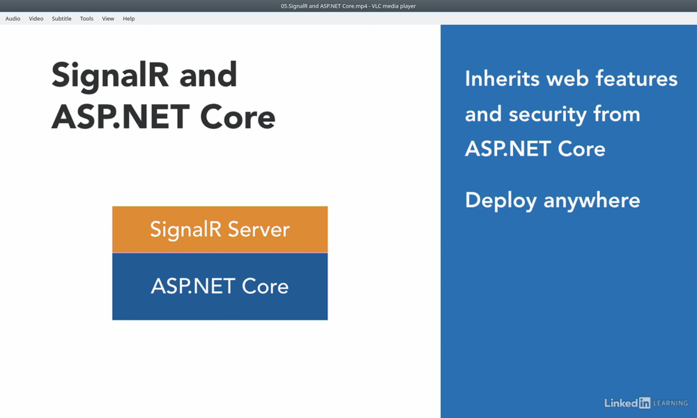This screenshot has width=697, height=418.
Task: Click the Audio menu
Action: tap(13, 19)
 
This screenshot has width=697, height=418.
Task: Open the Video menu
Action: tap(36, 19)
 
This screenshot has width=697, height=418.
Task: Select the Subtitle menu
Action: tap(61, 19)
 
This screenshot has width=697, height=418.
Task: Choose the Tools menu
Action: tap(86, 19)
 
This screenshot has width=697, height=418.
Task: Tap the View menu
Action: tap(108, 19)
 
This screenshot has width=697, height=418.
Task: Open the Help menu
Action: tap(129, 19)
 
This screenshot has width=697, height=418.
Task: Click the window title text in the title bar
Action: tap(348, 6)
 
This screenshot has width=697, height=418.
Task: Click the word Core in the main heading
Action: tap(238, 117)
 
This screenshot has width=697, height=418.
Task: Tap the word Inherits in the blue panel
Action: tap(502, 78)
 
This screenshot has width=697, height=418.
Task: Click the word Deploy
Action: tap(500, 201)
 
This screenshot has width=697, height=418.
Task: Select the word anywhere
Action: tap(592, 201)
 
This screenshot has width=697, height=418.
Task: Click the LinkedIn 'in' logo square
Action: tap(645, 403)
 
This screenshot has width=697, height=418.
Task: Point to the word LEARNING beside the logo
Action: tap(671, 403)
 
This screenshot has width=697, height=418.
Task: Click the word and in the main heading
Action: tap(208, 75)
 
